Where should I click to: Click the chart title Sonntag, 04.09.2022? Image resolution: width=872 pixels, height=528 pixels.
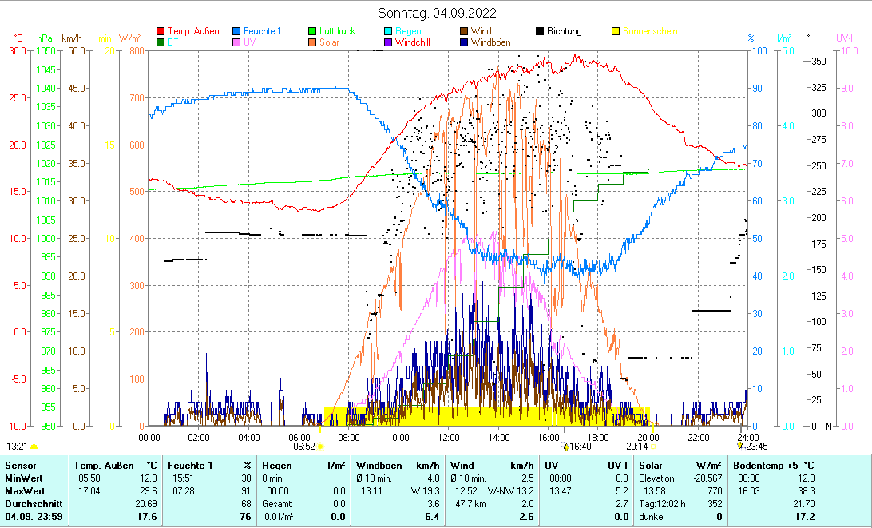[x=437, y=13]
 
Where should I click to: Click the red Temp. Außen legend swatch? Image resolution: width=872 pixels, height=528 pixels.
[x=161, y=31]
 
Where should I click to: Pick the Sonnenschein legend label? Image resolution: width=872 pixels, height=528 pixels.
[x=649, y=31]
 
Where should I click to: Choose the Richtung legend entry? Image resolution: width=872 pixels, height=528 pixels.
[x=564, y=31]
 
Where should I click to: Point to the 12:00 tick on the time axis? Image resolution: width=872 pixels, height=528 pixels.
[x=449, y=437]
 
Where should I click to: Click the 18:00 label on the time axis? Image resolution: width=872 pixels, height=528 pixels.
[x=598, y=437]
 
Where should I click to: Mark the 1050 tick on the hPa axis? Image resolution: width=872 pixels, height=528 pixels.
[x=46, y=50]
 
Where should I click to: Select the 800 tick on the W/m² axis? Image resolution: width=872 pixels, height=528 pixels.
[x=137, y=50]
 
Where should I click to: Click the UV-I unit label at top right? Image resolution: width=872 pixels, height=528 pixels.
[x=844, y=38]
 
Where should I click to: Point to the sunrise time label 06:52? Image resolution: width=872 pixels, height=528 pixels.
[x=304, y=447]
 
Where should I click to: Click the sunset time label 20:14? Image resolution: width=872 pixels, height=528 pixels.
[x=636, y=447]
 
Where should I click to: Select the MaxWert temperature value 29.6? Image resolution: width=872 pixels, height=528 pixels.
[x=147, y=490]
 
